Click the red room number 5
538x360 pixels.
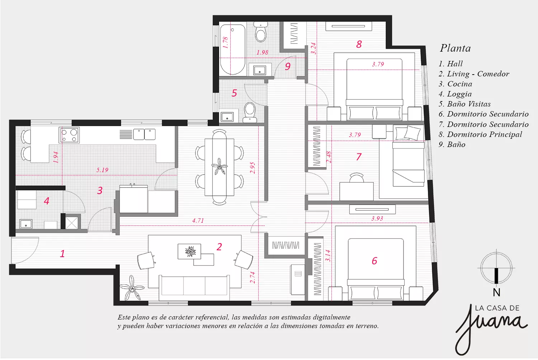pos(234,93)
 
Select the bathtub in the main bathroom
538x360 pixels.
pos(232,49)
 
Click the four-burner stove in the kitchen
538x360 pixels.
pos(69,135)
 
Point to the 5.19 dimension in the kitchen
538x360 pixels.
pos(102,170)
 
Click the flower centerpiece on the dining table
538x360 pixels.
pos(219,166)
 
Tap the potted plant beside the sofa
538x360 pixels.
pos(132,288)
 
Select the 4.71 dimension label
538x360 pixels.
pos(198,221)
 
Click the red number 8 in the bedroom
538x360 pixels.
pos(359,44)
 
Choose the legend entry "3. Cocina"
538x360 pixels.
pos(456,84)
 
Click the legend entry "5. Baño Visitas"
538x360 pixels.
pos(464,104)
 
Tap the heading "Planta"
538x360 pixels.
pos(455,48)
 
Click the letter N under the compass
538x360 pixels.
pos(496,293)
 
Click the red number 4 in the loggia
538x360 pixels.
pos(47,201)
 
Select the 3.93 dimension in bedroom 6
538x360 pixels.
pos(377,218)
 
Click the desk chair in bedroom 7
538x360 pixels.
pos(357,178)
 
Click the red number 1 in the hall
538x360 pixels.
pos(62,254)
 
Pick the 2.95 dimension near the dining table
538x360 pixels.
pos(253,168)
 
